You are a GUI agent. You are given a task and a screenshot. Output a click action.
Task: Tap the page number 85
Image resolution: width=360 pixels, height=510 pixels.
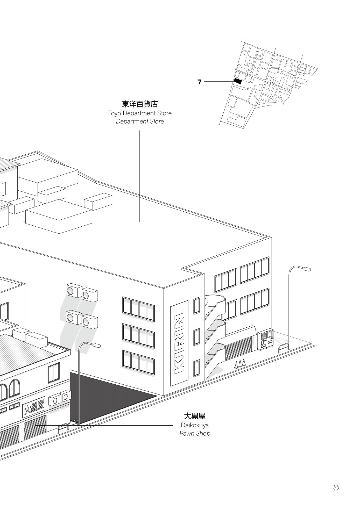[x=336, y=487]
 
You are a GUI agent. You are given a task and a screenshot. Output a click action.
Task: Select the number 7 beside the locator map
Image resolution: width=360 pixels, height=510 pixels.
[x=199, y=82]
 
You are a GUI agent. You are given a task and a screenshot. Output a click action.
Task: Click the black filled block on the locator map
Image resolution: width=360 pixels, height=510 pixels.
[x=238, y=81]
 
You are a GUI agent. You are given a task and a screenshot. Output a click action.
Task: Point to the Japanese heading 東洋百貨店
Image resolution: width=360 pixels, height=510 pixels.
[x=140, y=104]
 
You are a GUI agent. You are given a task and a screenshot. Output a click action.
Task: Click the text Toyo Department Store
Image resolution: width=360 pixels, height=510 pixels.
[x=140, y=113]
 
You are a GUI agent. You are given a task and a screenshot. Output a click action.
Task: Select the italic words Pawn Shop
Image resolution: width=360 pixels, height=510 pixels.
[x=195, y=433]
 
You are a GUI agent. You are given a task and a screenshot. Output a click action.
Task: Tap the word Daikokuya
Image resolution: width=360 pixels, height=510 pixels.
[x=195, y=425]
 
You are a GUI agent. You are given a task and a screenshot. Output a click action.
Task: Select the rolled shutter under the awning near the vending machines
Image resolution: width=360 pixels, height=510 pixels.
[x=238, y=348]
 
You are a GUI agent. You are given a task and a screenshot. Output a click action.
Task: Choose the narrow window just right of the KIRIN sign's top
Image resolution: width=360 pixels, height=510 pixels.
[x=197, y=306]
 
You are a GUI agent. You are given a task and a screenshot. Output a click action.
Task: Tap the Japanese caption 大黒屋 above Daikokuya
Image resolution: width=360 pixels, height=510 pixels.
[x=195, y=416]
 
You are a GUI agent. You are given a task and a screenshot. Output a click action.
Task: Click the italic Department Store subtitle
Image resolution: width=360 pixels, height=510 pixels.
[x=140, y=121]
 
